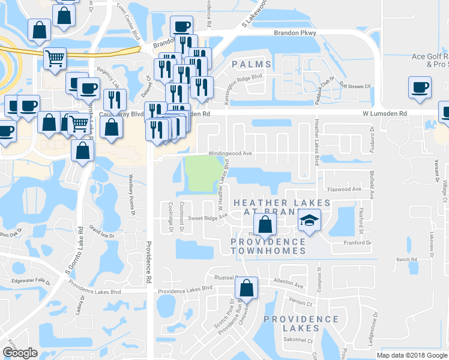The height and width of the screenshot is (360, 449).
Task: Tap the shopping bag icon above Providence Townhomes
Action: click(x=264, y=226)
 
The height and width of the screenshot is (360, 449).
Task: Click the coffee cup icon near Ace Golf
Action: click(x=419, y=87)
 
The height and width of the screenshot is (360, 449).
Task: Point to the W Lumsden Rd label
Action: click(x=384, y=113)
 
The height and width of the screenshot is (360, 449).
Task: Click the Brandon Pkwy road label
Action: click(x=294, y=34)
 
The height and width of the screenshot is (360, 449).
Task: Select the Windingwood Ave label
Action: click(x=230, y=154)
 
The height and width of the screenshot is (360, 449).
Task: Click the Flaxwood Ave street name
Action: click(x=344, y=189)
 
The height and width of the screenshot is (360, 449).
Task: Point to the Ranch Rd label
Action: click(x=406, y=260)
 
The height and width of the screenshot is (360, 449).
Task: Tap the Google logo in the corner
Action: click(x=20, y=352)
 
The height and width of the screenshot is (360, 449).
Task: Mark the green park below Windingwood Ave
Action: click(x=202, y=173)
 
